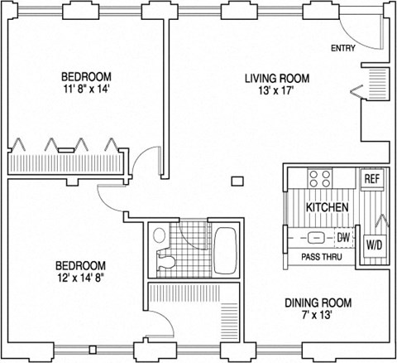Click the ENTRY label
(x=343, y=48)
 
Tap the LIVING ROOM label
(x=276, y=79)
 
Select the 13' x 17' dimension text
(x=276, y=93)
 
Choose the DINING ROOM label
(x=318, y=302)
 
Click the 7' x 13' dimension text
(x=319, y=316)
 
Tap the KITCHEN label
(x=327, y=206)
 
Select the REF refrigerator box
(x=372, y=179)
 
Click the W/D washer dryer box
(x=374, y=245)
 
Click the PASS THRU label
(x=314, y=258)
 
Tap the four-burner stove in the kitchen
(x=320, y=178)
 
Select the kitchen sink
(x=316, y=238)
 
